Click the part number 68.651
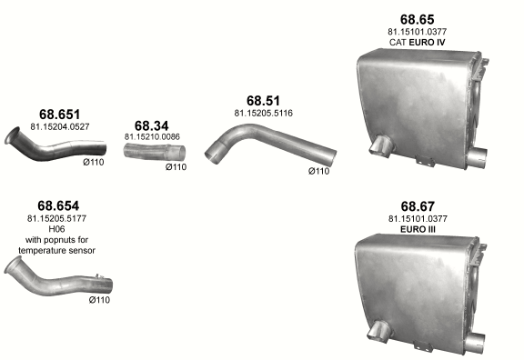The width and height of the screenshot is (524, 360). click(59, 115)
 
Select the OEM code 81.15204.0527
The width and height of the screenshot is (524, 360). click(60, 127)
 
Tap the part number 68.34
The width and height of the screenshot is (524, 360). click(152, 125)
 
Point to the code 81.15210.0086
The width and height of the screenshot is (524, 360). click(152, 136)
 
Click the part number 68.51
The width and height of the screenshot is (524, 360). click(263, 101)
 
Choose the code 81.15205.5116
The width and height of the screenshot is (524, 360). click(263, 114)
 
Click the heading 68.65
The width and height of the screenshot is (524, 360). click(418, 19)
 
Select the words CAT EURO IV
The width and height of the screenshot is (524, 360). click(418, 43)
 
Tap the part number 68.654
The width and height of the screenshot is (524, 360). click(58, 205)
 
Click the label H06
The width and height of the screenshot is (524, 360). click(56, 229)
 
